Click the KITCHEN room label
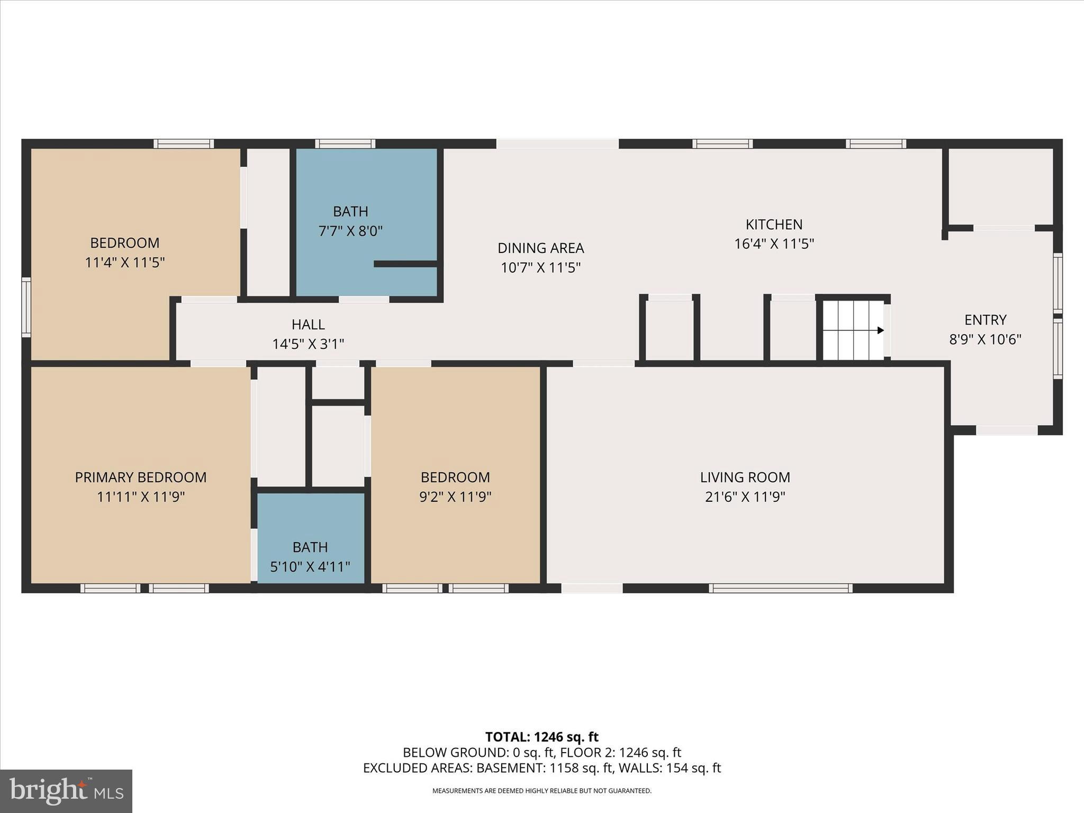point(774,224)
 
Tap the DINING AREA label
point(540,248)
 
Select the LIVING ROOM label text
point(745,477)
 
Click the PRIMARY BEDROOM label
point(140,477)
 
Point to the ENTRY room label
point(985,320)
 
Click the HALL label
point(308,324)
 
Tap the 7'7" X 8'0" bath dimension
point(350,231)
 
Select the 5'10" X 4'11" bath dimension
point(310,567)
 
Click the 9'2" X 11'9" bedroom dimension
point(455,496)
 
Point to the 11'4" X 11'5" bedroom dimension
point(125,262)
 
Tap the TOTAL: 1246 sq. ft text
point(541,737)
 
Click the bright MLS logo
point(66,791)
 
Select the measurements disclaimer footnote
point(541,791)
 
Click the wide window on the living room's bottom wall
point(780,588)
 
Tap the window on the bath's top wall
point(345,143)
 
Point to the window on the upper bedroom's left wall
point(26,307)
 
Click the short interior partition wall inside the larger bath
point(405,264)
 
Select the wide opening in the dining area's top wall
point(557,143)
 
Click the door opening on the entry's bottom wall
point(1006,430)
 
